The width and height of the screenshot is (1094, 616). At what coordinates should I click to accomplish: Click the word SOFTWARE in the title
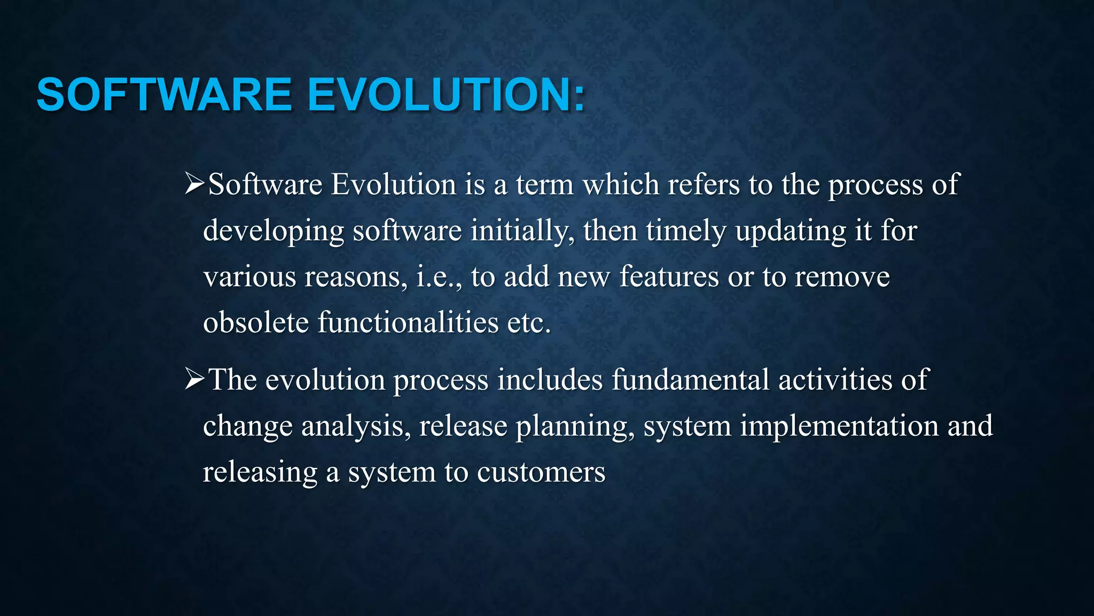163,95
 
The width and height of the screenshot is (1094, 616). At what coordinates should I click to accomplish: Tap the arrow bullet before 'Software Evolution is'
194,184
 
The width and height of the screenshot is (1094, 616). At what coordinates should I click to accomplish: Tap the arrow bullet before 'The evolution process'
194,380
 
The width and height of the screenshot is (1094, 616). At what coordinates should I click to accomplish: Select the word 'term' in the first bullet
544,185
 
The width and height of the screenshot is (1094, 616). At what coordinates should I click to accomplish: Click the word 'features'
669,278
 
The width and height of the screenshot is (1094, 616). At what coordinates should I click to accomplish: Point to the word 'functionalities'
408,323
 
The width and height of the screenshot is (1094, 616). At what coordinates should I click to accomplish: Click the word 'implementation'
839,427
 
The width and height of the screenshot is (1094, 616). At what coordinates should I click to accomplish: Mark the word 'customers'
541,473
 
